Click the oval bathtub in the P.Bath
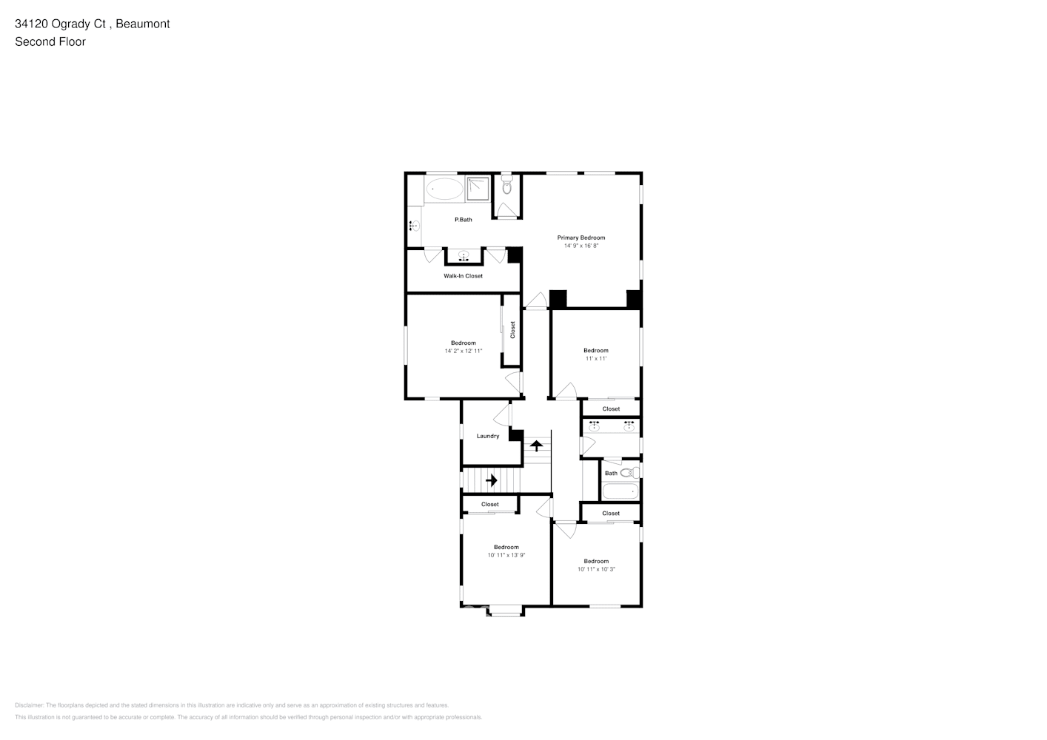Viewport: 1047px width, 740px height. [444, 189]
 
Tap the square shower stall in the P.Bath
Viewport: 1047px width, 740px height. [479, 189]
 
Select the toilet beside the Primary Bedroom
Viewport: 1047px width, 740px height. [507, 186]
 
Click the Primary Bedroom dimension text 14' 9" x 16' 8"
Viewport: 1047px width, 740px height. [581, 246]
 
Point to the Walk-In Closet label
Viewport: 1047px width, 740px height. [463, 276]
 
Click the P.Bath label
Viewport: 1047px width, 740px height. [463, 220]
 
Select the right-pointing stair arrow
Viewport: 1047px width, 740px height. [491, 480]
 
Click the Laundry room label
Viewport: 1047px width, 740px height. [488, 436]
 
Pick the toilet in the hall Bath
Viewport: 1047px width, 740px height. [628, 473]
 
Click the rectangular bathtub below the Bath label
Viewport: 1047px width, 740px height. [620, 491]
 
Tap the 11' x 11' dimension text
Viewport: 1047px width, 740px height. [596, 359]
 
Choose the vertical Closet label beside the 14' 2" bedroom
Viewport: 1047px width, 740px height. [512, 330]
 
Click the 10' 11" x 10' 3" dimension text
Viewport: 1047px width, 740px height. [596, 570]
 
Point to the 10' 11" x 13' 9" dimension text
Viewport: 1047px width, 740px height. [506, 556]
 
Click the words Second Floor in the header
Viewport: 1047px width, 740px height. [50, 42]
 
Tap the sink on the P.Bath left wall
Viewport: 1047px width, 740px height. [415, 226]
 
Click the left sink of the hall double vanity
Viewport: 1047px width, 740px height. [594, 427]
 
